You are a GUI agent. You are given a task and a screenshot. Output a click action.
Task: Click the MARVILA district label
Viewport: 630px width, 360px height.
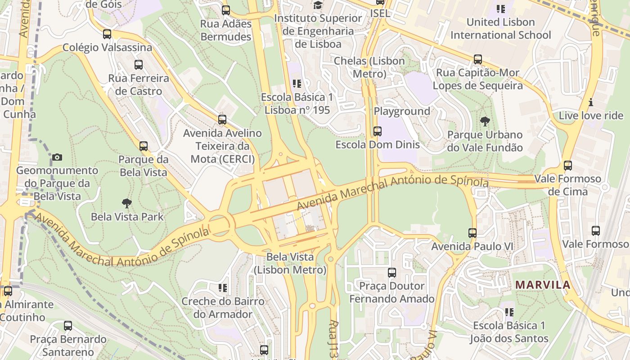(x=543, y=285)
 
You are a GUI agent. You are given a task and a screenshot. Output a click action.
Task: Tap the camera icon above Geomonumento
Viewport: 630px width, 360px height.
(x=57, y=157)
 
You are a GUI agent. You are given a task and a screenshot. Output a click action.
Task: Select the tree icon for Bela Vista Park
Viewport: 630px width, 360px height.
(x=127, y=203)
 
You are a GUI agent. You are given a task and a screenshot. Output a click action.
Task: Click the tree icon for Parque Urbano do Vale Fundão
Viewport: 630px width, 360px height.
(x=485, y=121)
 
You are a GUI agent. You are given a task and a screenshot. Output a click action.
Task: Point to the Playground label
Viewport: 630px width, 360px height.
(x=402, y=111)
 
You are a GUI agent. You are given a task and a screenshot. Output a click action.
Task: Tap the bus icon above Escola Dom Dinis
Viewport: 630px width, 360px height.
(x=378, y=131)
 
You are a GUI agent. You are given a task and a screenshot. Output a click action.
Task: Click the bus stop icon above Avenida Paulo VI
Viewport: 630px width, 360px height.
(x=472, y=233)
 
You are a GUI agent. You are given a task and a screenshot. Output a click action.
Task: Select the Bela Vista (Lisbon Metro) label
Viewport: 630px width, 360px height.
(x=290, y=263)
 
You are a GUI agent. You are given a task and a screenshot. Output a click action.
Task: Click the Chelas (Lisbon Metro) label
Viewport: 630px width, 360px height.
(x=369, y=67)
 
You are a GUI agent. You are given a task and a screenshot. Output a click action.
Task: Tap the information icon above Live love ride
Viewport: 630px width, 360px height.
(x=591, y=102)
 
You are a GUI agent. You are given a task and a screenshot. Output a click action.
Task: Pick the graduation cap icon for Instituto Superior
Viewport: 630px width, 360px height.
(x=318, y=5)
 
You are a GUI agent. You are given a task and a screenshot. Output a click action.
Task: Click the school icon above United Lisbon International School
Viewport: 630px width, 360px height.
(x=500, y=9)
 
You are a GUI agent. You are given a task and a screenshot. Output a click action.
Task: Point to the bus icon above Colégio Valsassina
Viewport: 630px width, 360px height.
(x=107, y=34)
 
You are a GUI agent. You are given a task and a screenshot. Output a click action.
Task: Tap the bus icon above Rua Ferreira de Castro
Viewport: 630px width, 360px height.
(x=138, y=65)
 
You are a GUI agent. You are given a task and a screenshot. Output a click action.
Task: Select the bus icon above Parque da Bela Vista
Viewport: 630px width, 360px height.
(x=143, y=146)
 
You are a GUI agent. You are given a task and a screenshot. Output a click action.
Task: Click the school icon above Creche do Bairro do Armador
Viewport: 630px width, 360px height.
(x=223, y=288)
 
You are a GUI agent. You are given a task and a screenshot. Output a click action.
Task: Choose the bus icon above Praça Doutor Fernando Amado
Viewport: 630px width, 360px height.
(x=392, y=273)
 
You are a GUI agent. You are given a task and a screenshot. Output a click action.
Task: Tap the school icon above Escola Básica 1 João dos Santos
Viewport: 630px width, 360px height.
(x=509, y=312)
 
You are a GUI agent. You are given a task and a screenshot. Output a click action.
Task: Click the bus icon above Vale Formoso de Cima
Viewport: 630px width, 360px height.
(x=568, y=166)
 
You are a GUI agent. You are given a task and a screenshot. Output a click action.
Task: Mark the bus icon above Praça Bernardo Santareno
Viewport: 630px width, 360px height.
(x=68, y=326)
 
